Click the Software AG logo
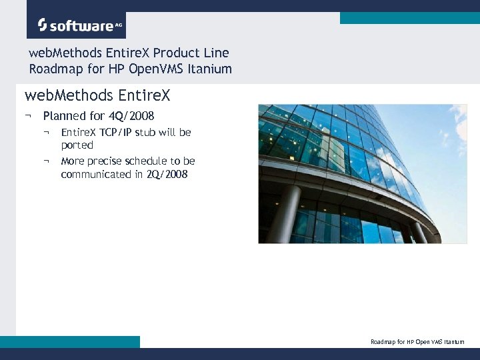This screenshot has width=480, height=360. click(x=76, y=25)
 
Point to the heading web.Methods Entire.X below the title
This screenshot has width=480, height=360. click(x=97, y=96)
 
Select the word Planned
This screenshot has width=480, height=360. click(x=65, y=116)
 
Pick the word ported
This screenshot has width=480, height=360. click(x=77, y=145)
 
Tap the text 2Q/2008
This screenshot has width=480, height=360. click(x=167, y=174)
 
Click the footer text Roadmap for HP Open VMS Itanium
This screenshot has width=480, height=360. click(x=417, y=342)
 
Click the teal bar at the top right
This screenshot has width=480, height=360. click(x=409, y=18)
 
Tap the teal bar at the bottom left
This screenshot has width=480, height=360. click(x=70, y=341)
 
